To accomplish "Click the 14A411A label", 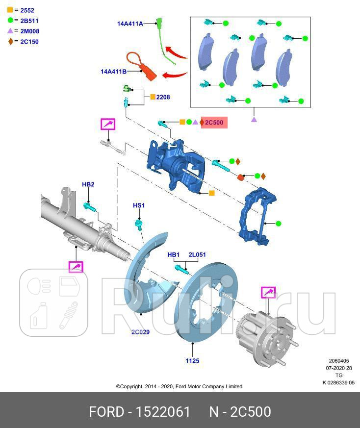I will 129,23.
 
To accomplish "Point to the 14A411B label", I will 113,72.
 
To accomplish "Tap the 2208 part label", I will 163,97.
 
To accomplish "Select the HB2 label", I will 88,184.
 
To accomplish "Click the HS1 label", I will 139,205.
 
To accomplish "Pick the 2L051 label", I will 197,254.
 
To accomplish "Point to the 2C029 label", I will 140,332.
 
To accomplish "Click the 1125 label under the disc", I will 192,361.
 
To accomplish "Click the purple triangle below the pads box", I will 254,119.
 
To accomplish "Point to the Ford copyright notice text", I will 179,386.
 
